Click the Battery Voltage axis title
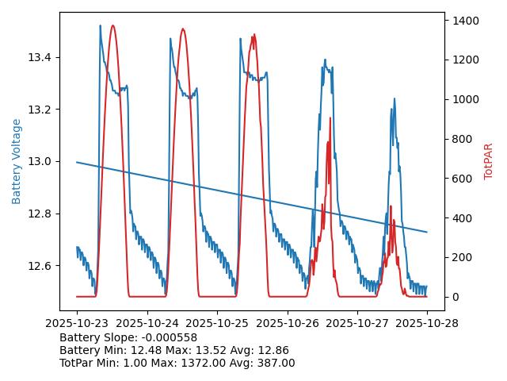17,161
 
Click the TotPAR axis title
489,161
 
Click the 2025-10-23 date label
77,323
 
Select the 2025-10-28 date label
427,323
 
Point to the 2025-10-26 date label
287,323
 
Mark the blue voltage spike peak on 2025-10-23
100,26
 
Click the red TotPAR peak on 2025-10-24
183,29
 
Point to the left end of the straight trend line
77,162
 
